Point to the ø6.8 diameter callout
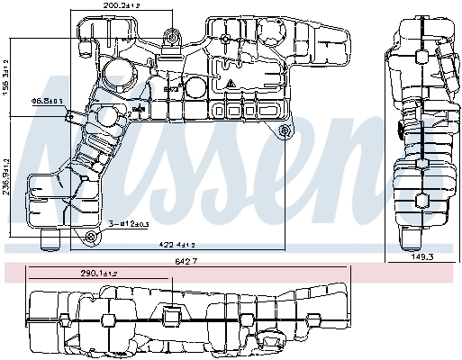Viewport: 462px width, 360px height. coord(47,101)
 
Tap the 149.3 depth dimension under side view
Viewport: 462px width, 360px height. coord(421,256)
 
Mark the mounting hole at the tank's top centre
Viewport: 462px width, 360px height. coord(171,37)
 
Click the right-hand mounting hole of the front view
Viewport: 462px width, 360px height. coord(287,132)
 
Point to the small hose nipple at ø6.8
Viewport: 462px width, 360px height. coord(79,114)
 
